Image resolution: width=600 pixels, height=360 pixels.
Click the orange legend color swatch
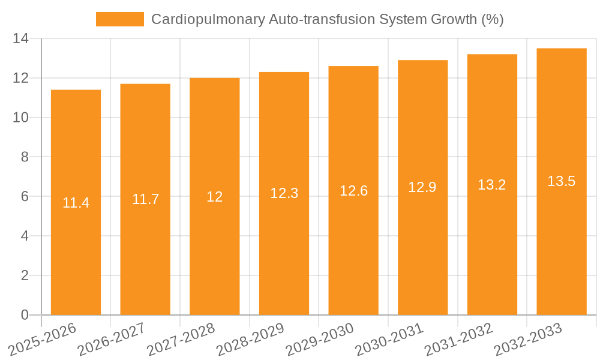pos(120,19)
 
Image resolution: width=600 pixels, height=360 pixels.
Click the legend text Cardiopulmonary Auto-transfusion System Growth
pos(327,19)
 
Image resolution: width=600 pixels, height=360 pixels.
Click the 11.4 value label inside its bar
pos(76,203)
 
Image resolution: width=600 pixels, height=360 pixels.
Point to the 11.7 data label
pos(145,199)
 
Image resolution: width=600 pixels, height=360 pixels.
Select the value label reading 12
pos(215,196)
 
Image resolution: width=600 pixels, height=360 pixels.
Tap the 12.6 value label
pos(353,191)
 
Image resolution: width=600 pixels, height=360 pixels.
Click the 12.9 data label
pos(422,187)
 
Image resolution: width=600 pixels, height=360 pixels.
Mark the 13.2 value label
pos(492,185)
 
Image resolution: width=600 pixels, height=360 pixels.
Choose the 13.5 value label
pos(562,181)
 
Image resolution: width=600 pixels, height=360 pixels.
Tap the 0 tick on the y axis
pos(25,315)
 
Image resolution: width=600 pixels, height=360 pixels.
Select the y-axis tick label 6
pos(25,196)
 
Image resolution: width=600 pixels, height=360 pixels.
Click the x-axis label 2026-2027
pos(111,339)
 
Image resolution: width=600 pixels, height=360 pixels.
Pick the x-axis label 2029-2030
pos(319,339)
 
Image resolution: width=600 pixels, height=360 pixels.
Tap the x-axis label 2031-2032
pos(458,339)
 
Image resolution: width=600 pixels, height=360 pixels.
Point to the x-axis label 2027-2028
pos(181,339)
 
